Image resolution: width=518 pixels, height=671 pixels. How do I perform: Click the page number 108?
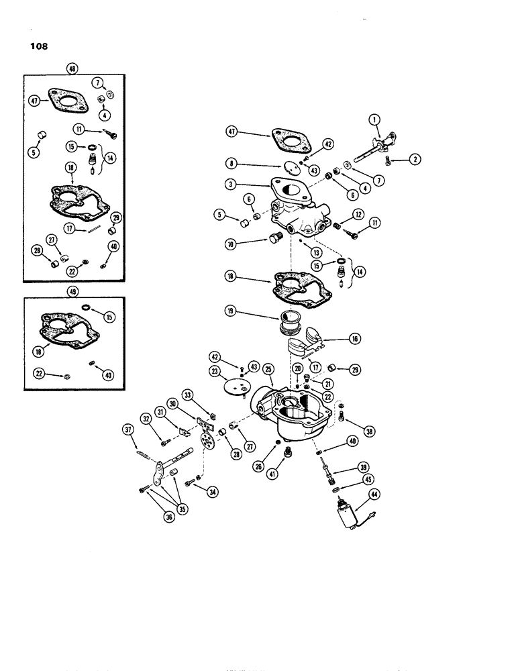38,47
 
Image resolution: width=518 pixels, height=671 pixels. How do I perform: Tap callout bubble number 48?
72,68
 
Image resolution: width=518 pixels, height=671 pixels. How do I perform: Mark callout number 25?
268,370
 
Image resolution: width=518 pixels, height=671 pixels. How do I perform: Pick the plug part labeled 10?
274,237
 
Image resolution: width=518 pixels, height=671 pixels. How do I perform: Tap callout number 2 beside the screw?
416,159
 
